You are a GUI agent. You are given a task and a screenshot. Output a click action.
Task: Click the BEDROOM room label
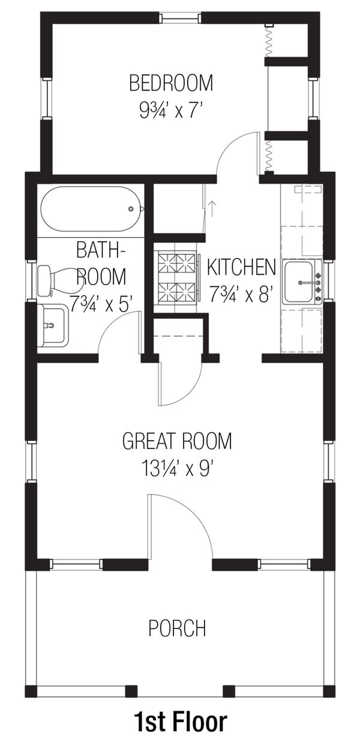[172, 82]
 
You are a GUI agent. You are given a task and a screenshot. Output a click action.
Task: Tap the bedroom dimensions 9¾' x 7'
[172, 110]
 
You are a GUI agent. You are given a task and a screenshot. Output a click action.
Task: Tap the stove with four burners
[176, 277]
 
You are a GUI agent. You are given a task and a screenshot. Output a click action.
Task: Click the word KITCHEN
[241, 268]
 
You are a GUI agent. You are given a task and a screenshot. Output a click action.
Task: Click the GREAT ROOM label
[177, 442]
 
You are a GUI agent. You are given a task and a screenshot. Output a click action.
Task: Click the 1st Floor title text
[180, 721]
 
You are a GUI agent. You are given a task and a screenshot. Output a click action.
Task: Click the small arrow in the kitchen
[212, 208]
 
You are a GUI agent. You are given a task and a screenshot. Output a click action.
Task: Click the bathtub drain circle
[131, 209]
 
